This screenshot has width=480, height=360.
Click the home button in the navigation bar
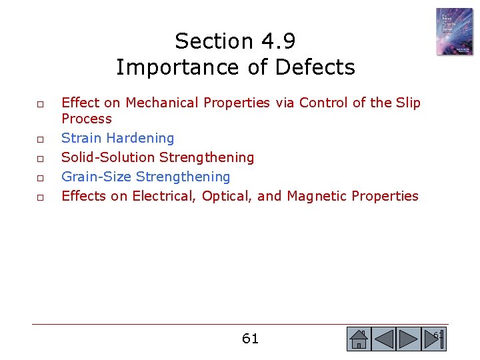(358, 339)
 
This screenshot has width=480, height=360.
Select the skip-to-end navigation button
(433, 339)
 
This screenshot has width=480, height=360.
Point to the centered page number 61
(250, 339)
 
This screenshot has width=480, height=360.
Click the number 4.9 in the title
(278, 41)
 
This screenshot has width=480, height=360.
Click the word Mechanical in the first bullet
(163, 103)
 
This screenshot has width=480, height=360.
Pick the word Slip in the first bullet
(408, 103)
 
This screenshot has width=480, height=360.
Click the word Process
(87, 119)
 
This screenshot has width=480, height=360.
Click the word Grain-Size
(96, 177)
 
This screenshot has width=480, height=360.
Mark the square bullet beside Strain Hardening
(40, 139)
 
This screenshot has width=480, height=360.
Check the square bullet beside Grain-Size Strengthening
(40, 178)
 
